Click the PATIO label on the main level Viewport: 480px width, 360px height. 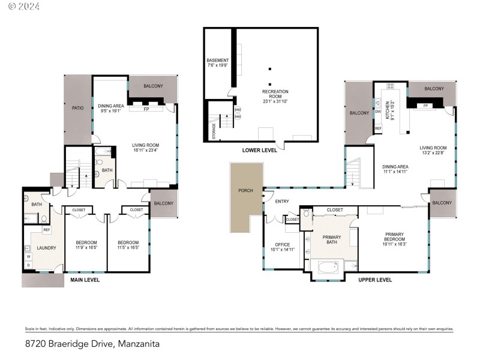point(77,108)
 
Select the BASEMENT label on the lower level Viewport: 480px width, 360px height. point(217,60)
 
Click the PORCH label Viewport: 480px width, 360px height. point(245,191)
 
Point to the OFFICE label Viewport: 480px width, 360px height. point(282,245)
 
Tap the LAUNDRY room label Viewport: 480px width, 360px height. point(46,248)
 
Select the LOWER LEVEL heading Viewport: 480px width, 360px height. point(259,150)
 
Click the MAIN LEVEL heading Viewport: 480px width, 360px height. point(85,280)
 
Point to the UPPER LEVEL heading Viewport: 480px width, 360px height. point(375,280)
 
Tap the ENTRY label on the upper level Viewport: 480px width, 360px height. point(282,201)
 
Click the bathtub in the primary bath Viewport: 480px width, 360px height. point(328,268)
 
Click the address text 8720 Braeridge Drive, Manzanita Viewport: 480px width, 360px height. point(93,344)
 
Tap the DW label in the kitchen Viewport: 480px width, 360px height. point(377,112)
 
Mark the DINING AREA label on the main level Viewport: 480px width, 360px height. point(110,106)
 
